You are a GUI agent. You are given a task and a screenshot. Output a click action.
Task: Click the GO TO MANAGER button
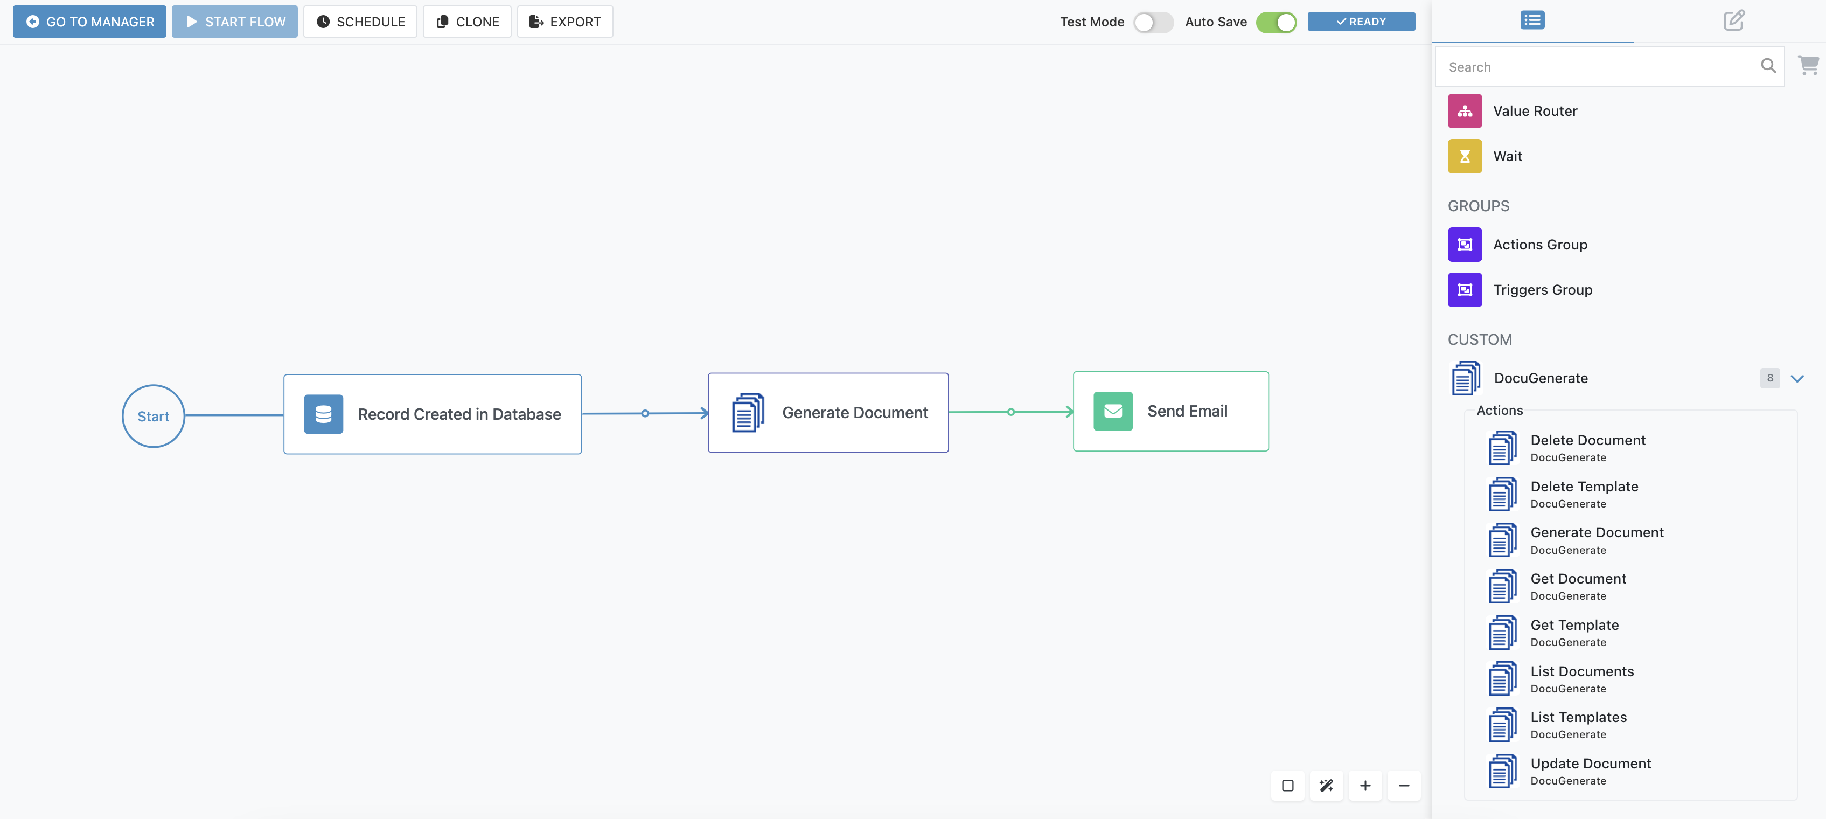click(x=89, y=21)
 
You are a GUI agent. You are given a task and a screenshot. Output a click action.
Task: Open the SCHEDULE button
click(x=360, y=21)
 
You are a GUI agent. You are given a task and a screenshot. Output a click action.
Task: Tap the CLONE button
click(x=467, y=21)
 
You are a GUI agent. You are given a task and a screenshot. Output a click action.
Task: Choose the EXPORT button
click(x=565, y=21)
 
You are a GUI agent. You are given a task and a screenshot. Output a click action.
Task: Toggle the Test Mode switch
click(x=1153, y=22)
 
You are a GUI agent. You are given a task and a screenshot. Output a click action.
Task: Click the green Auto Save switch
click(x=1276, y=22)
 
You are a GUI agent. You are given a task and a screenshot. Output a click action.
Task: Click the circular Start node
click(x=153, y=417)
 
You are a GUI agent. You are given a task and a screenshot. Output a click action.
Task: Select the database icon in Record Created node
click(x=323, y=414)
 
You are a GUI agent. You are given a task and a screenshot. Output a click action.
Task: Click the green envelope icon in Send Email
click(x=1113, y=411)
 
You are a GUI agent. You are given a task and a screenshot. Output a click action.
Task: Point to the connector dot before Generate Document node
click(x=645, y=413)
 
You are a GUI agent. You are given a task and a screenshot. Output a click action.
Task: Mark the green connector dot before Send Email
click(x=1011, y=412)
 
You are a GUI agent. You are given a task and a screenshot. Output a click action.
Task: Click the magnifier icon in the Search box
click(x=1768, y=66)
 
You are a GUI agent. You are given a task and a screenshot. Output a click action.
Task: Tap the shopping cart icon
click(x=1808, y=65)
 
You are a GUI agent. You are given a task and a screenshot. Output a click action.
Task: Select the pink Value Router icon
click(x=1465, y=110)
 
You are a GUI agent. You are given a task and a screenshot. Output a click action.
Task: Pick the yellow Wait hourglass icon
click(x=1465, y=156)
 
